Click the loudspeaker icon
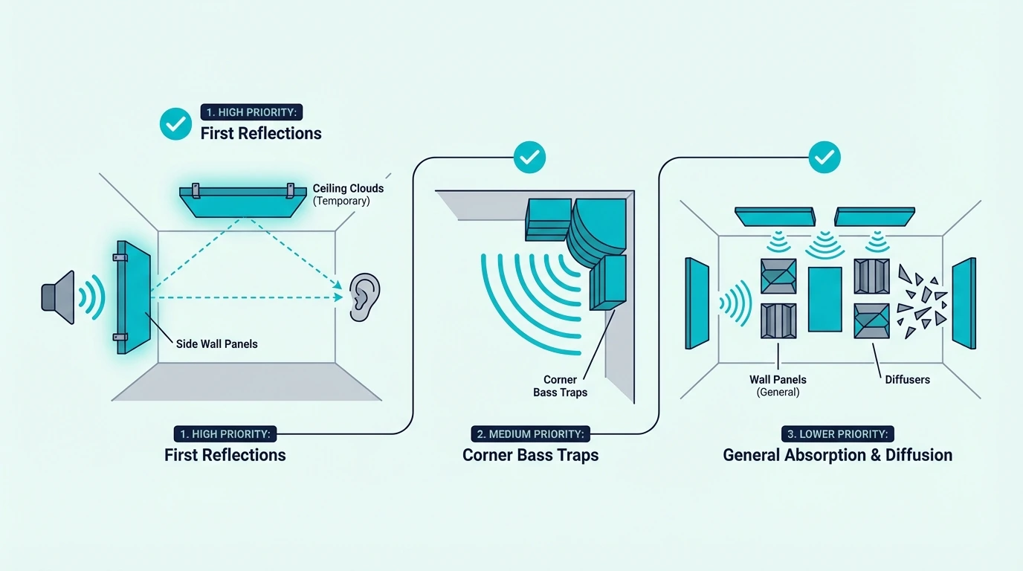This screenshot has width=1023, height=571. (x=58, y=297)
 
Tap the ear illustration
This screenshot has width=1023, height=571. (x=365, y=297)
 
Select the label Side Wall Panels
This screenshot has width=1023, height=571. (x=217, y=344)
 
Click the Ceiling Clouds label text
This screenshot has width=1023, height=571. (x=348, y=188)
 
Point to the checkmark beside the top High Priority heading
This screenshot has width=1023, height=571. (x=175, y=124)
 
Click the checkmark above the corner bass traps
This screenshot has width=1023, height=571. (x=529, y=157)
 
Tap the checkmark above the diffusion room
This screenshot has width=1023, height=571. (x=824, y=157)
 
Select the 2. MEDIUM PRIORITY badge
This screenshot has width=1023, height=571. (x=530, y=434)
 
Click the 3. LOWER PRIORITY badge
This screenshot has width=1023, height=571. (x=838, y=434)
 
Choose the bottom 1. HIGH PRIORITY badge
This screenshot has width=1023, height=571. (x=225, y=434)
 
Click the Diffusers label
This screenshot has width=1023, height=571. (x=907, y=380)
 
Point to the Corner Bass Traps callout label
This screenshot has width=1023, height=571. (x=561, y=386)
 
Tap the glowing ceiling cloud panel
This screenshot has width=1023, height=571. (x=243, y=201)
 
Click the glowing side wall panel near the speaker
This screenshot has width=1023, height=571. (x=133, y=297)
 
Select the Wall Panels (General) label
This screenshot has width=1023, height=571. (x=778, y=386)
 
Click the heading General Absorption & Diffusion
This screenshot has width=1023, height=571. (x=838, y=455)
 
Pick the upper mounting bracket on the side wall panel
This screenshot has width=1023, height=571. (x=120, y=258)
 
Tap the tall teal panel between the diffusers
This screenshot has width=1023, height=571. (x=824, y=299)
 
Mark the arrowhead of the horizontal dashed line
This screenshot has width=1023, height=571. (x=339, y=297)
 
